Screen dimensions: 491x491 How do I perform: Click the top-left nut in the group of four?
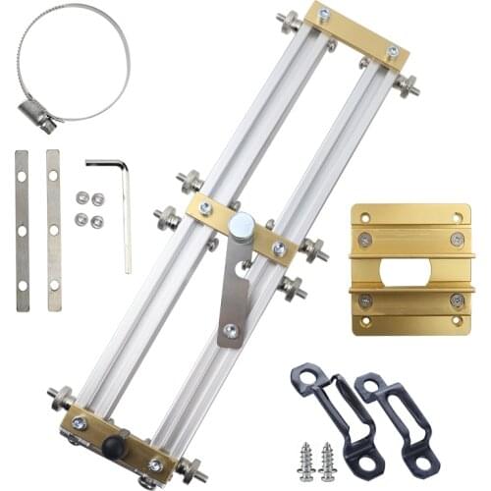(82, 197)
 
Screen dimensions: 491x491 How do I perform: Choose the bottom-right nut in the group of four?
(97, 221)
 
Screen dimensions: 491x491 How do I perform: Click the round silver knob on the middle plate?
(240, 226)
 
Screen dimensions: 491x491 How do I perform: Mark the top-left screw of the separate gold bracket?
(365, 240)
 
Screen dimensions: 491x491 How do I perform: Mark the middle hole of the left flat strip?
(22, 230)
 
